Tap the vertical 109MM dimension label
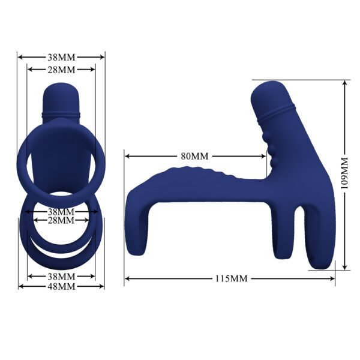(344, 174)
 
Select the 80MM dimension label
(194, 156)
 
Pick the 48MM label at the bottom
(61, 286)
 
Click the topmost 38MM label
(61, 58)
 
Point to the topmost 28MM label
(61, 70)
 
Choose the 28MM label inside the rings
(61, 221)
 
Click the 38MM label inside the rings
(61, 212)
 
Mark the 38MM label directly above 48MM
(61, 277)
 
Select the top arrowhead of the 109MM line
(344, 83)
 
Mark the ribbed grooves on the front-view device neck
(61, 113)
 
